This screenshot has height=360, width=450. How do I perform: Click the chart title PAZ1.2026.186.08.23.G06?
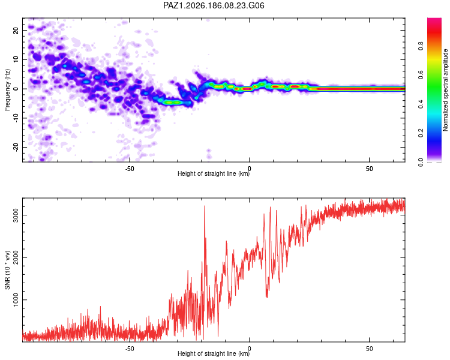point(214,5)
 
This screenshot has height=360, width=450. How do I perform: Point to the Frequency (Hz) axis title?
point(7,90)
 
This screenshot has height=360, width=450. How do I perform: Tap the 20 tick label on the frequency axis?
point(16,31)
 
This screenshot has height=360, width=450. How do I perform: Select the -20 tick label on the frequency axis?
point(16,148)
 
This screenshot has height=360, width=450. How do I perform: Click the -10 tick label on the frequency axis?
point(16,118)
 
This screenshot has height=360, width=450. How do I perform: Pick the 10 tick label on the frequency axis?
point(16,59)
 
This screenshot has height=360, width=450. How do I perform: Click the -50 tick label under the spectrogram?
point(130,169)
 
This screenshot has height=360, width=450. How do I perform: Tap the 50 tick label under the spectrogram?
point(370,169)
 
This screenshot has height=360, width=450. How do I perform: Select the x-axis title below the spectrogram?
point(214,173)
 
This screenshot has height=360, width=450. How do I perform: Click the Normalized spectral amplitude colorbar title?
point(445,90)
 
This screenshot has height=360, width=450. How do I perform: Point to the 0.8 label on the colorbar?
point(421,46)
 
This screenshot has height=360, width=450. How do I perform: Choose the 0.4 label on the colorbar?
point(421,104)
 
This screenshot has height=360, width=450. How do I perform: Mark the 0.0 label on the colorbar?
point(421,162)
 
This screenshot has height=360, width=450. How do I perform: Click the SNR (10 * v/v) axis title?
point(7,270)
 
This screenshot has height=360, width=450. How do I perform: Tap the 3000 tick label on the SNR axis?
point(16,215)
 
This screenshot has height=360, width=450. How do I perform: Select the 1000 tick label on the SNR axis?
point(16,300)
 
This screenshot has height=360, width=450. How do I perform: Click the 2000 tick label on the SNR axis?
point(16,257)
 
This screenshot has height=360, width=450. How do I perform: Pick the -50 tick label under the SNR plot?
point(130,349)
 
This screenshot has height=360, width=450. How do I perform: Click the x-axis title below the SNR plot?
point(214,353)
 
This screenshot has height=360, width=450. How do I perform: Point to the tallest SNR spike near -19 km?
point(205,206)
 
